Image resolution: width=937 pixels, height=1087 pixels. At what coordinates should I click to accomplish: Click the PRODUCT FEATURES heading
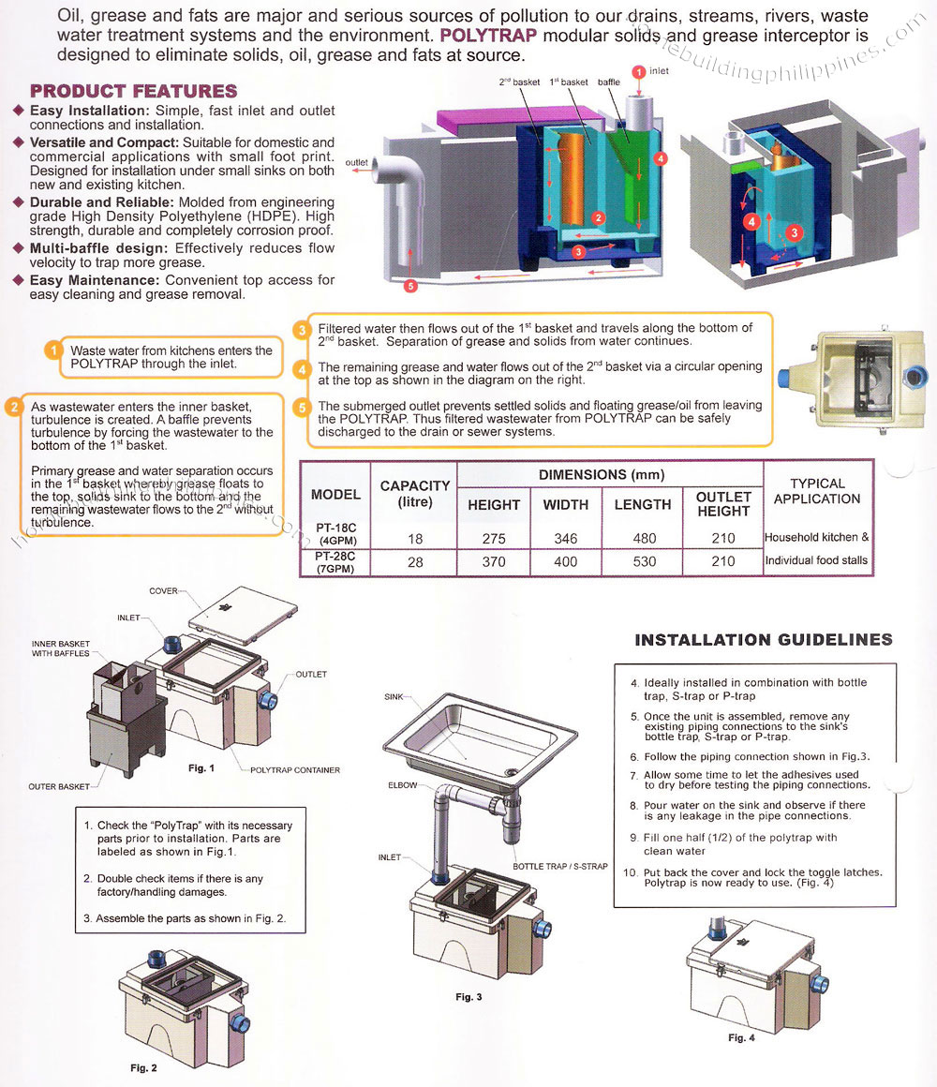pos(133,91)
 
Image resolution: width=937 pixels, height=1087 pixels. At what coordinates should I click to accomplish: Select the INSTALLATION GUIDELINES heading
pos(764,640)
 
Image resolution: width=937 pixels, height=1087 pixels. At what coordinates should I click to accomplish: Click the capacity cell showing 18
pos(414,539)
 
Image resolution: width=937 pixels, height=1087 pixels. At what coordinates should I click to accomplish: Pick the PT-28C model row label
pos(335,561)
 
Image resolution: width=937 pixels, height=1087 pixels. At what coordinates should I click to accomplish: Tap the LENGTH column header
pos(642,504)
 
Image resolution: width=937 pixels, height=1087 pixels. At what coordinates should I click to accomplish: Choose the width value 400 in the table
pos(566,561)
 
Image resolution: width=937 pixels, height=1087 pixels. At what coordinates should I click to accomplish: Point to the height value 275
pos(494,539)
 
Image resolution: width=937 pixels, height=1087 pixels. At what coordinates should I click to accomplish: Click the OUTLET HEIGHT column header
pos(723,504)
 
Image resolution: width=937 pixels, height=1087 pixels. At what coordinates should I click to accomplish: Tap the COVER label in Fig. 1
pos(163,591)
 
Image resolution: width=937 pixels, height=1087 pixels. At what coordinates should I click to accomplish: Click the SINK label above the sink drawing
pos(394,697)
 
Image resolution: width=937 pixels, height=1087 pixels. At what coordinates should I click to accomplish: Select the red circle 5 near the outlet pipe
pos(409,286)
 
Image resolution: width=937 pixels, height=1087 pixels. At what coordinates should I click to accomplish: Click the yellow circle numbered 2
pos(14,407)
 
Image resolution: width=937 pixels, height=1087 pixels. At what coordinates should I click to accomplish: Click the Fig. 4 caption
pos(737,1037)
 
